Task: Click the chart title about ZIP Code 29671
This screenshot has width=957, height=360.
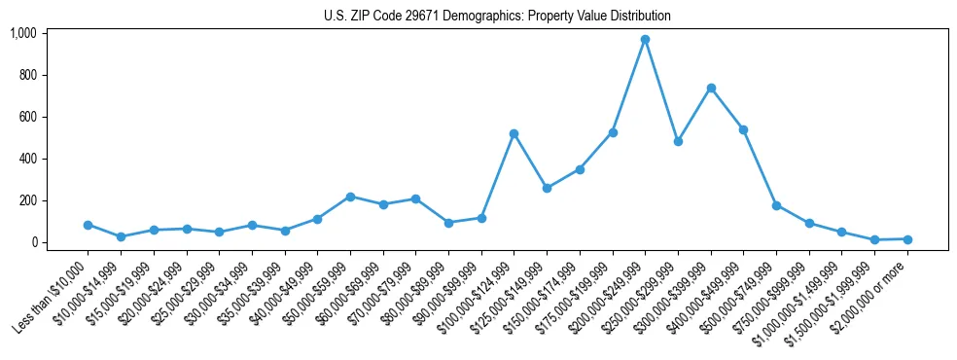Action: point(497,17)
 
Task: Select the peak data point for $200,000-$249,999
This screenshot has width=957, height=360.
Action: point(645,40)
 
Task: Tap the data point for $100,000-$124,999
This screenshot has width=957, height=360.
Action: point(514,133)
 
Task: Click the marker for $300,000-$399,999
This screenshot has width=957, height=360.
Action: point(711,88)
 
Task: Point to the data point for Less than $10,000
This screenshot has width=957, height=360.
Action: point(88,225)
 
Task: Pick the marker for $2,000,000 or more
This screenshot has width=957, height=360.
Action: point(907,239)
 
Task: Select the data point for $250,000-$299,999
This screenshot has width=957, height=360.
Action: point(678,141)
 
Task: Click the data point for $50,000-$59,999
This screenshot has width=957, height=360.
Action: point(350,197)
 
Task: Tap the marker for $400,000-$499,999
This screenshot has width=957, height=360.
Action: point(743,129)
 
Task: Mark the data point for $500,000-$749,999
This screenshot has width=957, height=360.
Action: point(776,205)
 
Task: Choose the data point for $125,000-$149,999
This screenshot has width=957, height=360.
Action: point(547,188)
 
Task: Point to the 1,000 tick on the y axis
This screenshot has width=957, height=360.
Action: point(23,33)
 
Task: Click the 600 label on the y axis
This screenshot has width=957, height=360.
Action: point(27,117)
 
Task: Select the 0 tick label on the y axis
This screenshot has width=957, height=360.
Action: point(33,242)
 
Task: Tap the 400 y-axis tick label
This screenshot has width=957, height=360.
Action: point(27,159)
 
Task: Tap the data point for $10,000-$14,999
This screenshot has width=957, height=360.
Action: point(121,236)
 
